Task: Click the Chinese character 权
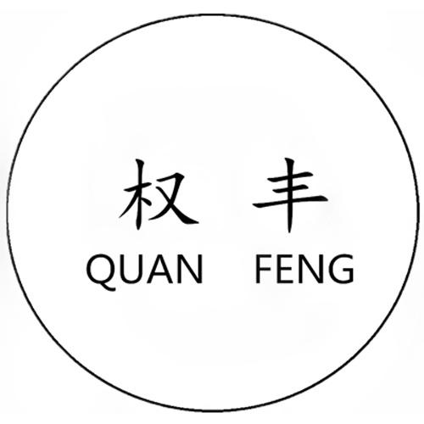click(x=159, y=194)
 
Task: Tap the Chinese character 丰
click(x=289, y=195)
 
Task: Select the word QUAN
click(x=144, y=270)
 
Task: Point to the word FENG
click(x=304, y=269)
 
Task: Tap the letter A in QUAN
click(x=160, y=269)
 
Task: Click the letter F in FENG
click(x=264, y=269)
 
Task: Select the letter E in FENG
click(x=286, y=269)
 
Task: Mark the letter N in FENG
click(x=312, y=269)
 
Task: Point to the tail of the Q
click(x=109, y=287)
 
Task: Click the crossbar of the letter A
click(x=160, y=273)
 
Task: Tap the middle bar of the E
click(x=286, y=268)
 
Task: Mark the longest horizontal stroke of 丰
click(x=290, y=200)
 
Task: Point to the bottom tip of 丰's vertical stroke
click(x=289, y=232)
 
